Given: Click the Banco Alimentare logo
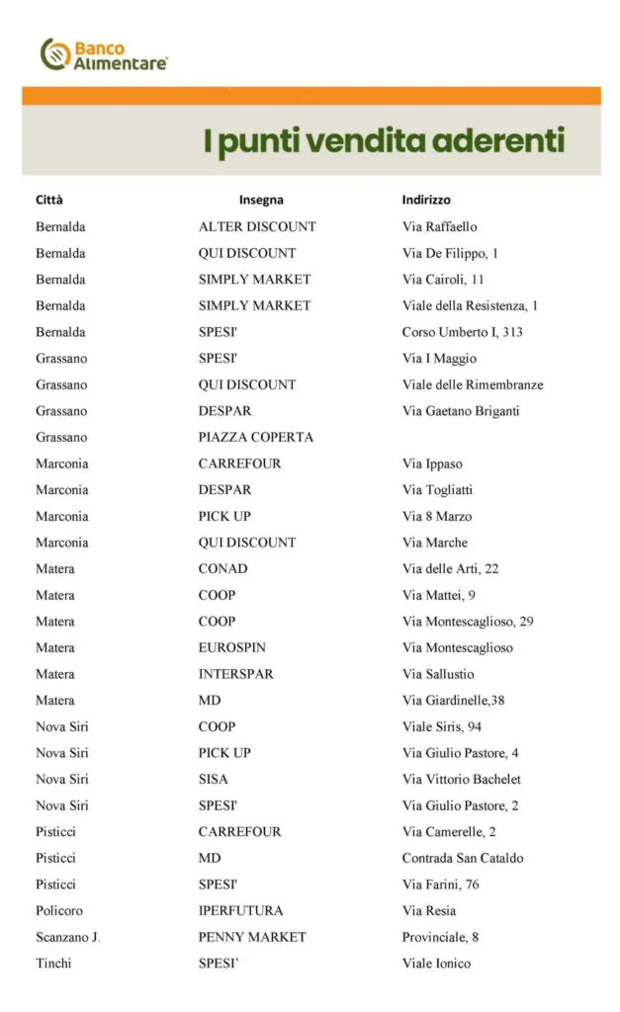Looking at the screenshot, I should [104, 53].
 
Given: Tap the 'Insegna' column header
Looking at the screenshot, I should [261, 200].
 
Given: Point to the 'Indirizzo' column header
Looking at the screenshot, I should [426, 200].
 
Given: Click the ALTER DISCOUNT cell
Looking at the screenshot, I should [257, 226].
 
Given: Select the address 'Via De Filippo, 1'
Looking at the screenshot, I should [450, 253].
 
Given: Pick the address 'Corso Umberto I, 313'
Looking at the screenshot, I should [462, 332].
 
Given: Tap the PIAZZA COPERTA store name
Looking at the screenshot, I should [255, 437].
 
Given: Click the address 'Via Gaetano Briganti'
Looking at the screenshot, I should [460, 411].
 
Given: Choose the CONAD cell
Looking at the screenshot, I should [222, 568].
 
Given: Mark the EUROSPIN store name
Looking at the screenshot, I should [231, 647].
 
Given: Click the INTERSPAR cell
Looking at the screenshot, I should [235, 674].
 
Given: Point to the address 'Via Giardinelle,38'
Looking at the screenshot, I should [455, 701].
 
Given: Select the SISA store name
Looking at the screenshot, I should [213, 779].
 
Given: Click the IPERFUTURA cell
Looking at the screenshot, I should [240, 910].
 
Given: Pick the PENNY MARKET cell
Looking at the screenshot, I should [252, 937].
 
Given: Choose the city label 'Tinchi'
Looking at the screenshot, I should [53, 964].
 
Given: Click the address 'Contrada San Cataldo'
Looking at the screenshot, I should [463, 858].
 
